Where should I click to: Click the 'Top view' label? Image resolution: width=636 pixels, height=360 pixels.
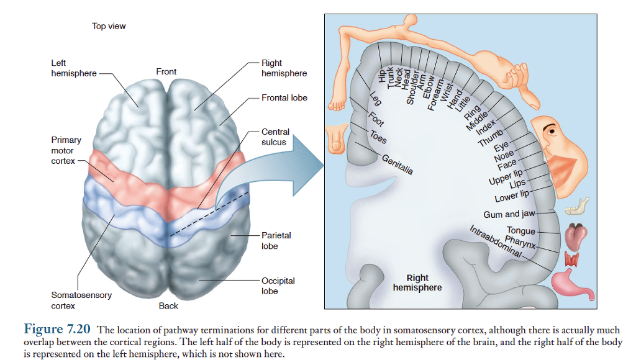point(109,26)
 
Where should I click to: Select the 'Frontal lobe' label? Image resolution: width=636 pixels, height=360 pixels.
point(284,97)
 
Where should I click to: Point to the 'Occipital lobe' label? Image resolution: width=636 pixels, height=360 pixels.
point(278,286)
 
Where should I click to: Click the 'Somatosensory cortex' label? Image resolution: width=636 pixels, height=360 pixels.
point(81,300)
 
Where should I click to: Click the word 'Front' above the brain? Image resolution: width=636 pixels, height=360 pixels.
point(166,71)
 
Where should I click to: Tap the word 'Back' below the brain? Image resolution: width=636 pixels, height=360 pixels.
point(168,305)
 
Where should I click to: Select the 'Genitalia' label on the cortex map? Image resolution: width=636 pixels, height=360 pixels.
point(397,164)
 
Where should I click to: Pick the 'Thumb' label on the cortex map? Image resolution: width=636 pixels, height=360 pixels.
point(491,138)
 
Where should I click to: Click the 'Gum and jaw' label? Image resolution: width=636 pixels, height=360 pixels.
point(509,214)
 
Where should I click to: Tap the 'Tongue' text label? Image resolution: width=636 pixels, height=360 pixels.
point(520,231)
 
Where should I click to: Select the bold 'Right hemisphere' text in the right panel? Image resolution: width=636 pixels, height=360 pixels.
point(417,282)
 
